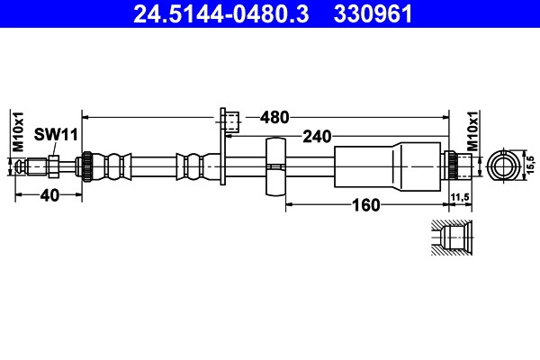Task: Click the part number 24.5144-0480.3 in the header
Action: click(x=221, y=13)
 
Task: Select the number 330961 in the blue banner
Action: click(x=373, y=13)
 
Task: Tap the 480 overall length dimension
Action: click(x=274, y=118)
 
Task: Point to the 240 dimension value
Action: click(x=317, y=137)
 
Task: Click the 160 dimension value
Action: click(x=366, y=205)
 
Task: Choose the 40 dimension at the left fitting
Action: click(x=49, y=195)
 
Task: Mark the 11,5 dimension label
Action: click(x=460, y=197)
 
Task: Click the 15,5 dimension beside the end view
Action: click(x=531, y=165)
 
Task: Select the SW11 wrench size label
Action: click(x=56, y=135)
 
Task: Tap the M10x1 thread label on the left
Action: click(x=18, y=131)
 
